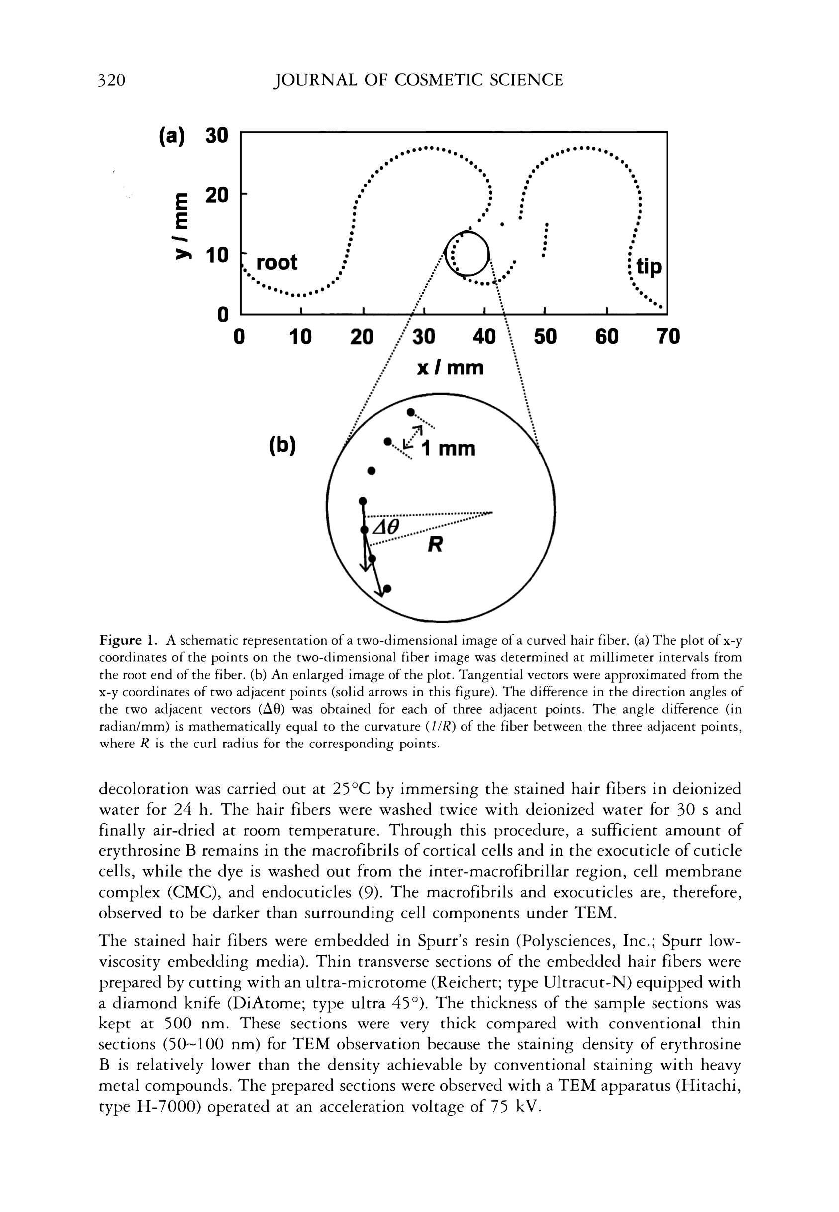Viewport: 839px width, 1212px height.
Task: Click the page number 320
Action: click(112, 80)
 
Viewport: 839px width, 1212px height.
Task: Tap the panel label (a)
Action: click(172, 136)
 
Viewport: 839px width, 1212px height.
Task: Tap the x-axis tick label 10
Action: click(300, 336)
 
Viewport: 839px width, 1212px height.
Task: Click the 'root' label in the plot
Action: click(277, 262)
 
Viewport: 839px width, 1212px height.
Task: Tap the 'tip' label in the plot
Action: click(649, 267)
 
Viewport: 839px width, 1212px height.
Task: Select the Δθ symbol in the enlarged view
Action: click(386, 526)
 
